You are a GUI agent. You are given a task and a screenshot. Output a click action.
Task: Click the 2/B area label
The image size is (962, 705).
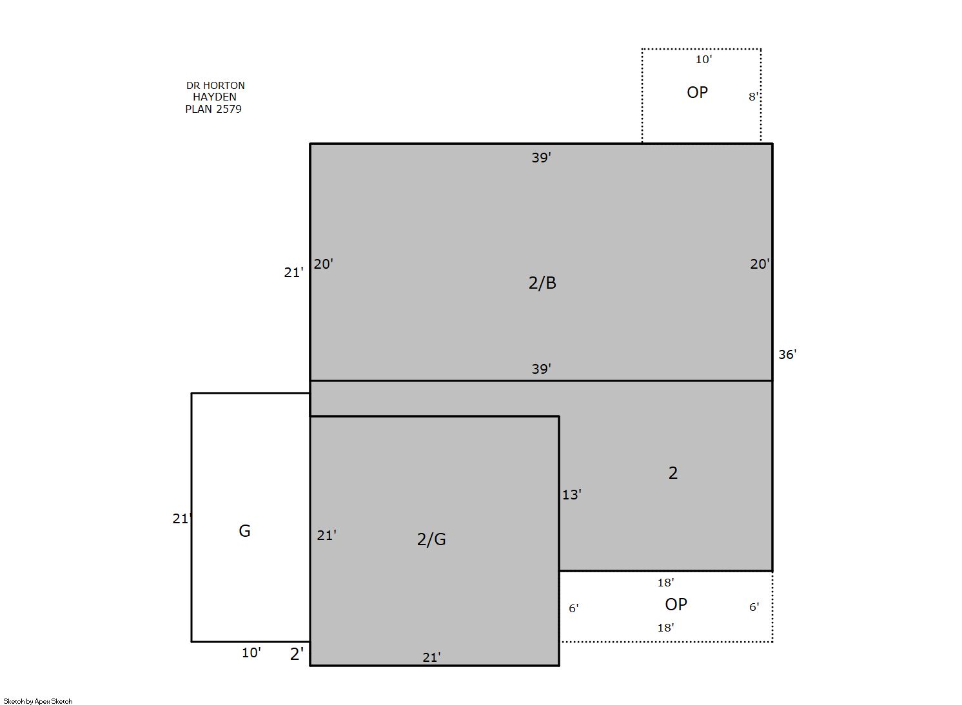[x=542, y=283]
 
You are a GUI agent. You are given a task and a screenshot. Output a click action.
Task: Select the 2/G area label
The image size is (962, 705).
[x=431, y=539]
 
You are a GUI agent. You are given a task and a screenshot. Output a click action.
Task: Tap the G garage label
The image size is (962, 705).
[x=244, y=531]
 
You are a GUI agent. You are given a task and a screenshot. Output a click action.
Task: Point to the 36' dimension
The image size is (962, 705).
[x=787, y=354]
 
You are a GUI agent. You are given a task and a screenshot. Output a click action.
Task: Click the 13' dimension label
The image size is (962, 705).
[x=572, y=495]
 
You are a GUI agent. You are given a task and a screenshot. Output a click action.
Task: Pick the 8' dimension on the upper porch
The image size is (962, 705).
[x=753, y=97]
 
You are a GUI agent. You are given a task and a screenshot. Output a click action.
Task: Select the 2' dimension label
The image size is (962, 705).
[x=297, y=653]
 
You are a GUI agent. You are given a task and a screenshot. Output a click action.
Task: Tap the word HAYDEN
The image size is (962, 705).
[x=214, y=97]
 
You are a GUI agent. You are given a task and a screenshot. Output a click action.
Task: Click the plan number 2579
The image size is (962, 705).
[x=228, y=109]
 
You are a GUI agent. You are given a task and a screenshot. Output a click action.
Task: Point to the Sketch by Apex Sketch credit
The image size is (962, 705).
[x=38, y=701]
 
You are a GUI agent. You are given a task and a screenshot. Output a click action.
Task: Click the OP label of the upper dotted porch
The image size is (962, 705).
[x=697, y=92]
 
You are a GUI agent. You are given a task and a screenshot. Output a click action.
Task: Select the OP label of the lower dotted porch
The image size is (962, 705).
[x=676, y=604]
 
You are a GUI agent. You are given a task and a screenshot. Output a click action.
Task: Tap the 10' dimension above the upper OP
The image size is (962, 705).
[x=703, y=60]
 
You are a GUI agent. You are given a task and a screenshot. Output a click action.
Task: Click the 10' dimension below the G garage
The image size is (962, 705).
[x=251, y=653]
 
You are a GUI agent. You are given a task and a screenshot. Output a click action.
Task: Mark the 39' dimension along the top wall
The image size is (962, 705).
[x=541, y=158]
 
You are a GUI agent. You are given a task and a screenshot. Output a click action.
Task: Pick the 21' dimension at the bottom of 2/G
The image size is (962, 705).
[x=431, y=657]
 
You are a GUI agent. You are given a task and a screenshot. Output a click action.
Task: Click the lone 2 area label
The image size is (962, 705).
[x=673, y=473]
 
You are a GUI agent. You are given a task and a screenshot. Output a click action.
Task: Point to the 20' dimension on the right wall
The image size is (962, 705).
[x=760, y=264]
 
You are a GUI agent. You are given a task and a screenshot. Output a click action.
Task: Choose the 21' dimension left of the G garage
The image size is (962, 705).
[x=181, y=519]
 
